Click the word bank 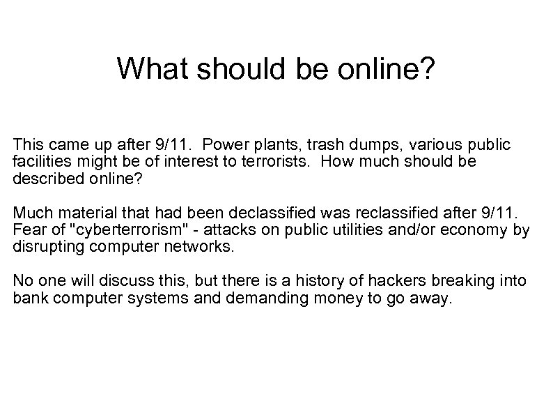29,298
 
